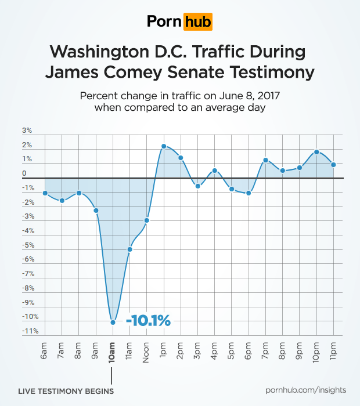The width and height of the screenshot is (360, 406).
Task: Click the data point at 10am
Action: pyautogui.click(x=113, y=322)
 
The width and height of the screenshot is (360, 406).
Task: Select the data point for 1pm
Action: pyautogui.click(x=164, y=146)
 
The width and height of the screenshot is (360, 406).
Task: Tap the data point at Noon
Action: pyautogui.click(x=147, y=220)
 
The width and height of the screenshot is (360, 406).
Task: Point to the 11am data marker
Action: pyautogui.click(x=130, y=249)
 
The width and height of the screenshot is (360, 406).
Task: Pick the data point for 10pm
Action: pyautogui.click(x=316, y=152)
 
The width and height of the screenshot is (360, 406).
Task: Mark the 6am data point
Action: pyautogui.click(x=45, y=193)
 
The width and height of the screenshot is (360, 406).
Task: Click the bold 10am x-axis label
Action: pyautogui.click(x=113, y=351)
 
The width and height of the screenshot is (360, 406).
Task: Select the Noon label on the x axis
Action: pyautogui.click(x=147, y=351)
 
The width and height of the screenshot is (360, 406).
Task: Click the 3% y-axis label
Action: pyautogui.click(x=28, y=131)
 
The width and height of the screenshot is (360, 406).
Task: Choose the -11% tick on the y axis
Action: pyautogui.click(x=30, y=331)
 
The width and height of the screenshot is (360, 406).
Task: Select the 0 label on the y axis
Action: pyautogui.click(x=25, y=173)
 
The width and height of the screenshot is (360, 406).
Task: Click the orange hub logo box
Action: pyautogui.click(x=197, y=22)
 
